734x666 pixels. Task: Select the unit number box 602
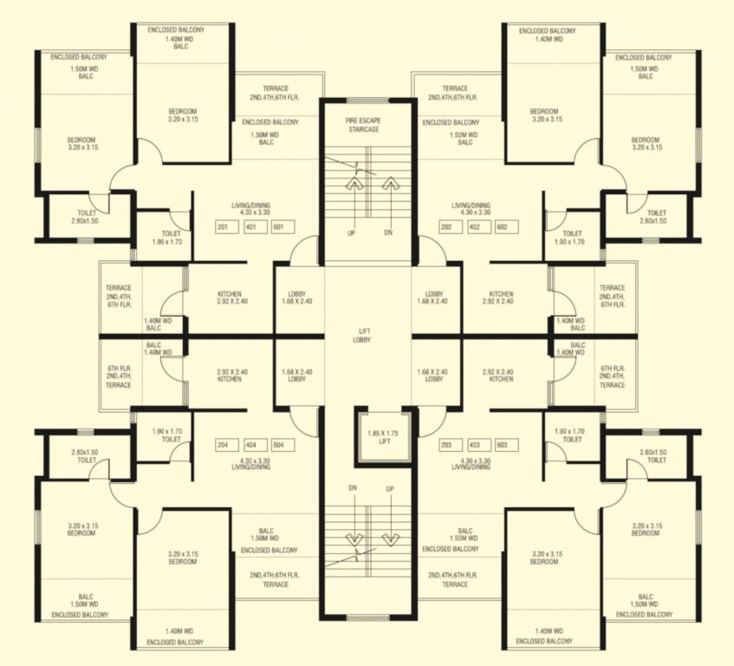click(x=502, y=227)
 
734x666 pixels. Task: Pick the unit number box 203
click(x=447, y=445)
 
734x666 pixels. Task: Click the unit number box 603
click(x=502, y=445)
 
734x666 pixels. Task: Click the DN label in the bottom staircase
click(x=354, y=488)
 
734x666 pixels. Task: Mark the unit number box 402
click(x=475, y=227)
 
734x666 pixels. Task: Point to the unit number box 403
click(x=475, y=445)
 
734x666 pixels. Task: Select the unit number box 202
click(x=447, y=227)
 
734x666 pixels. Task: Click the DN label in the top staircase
click(x=387, y=233)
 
